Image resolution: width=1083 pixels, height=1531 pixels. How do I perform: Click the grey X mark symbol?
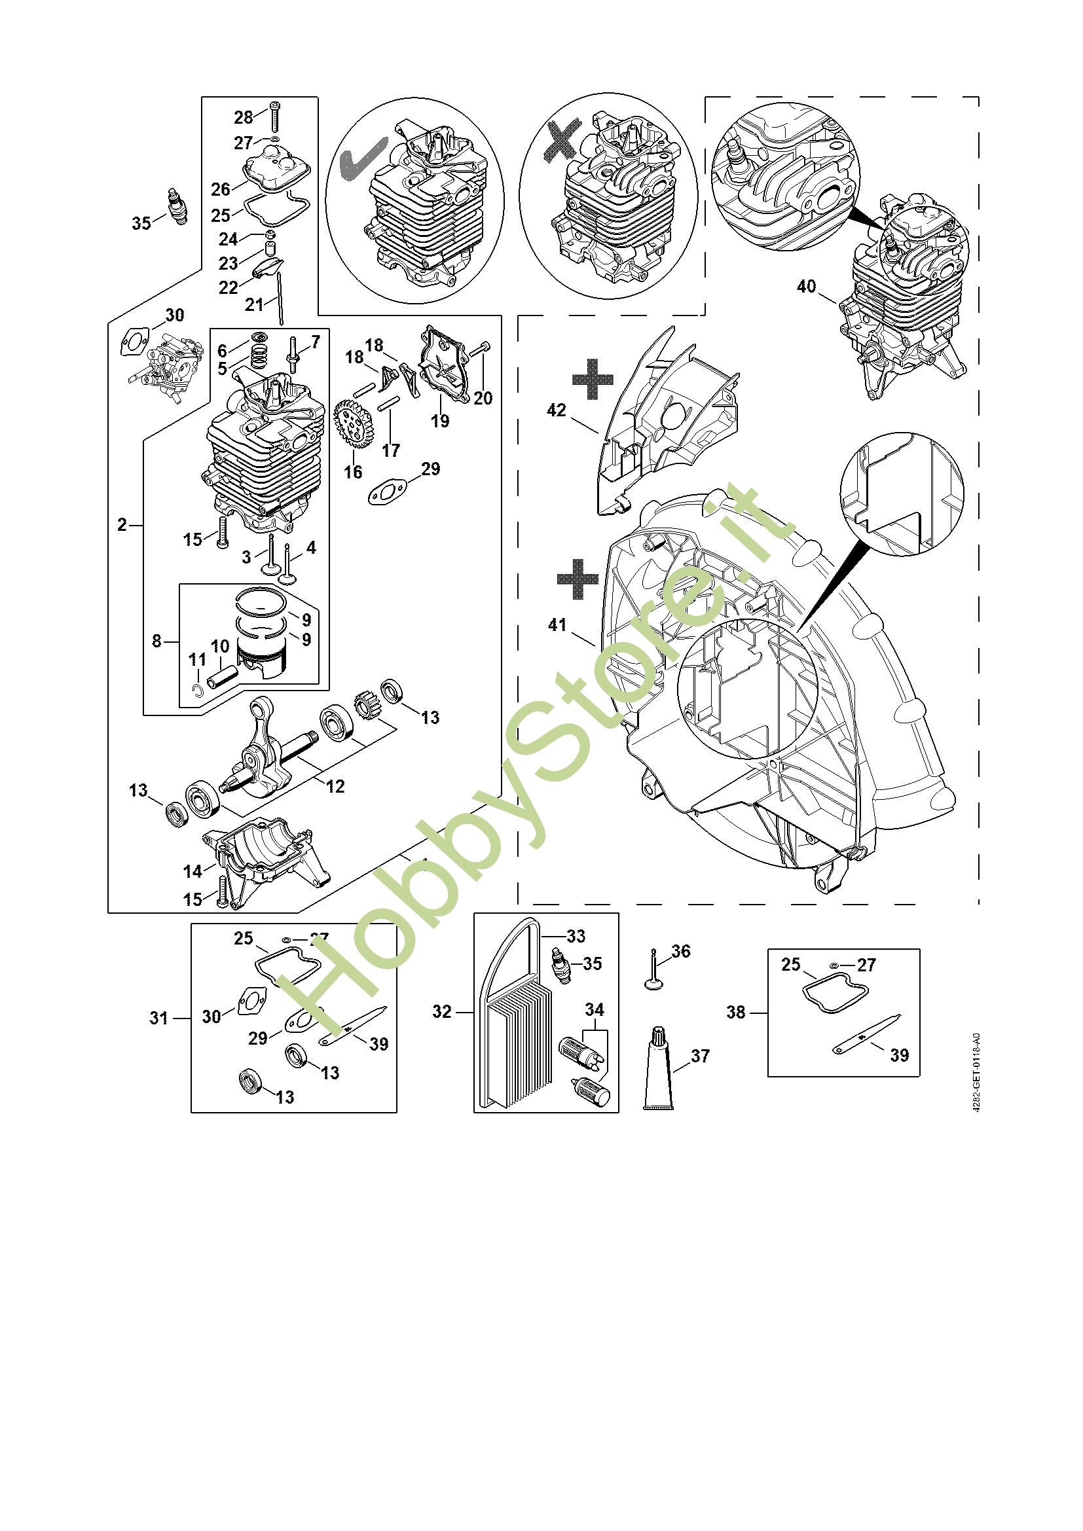[x=558, y=140]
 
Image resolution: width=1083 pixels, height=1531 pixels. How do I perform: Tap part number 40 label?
[x=806, y=286]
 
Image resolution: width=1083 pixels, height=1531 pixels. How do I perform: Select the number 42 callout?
[x=556, y=410]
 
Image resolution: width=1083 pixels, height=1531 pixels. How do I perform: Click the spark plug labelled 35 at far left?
[x=176, y=207]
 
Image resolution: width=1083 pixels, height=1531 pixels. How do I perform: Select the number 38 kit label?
[x=736, y=1012]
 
